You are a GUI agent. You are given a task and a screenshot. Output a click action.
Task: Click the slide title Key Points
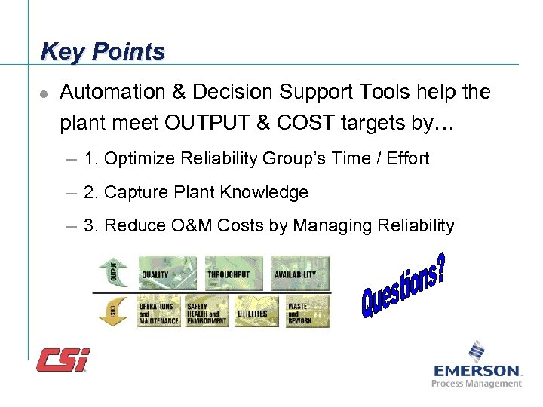[x=103, y=51]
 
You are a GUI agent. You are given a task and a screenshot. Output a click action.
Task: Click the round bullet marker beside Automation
[x=44, y=93]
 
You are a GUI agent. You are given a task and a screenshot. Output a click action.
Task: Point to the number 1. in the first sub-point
[x=92, y=158]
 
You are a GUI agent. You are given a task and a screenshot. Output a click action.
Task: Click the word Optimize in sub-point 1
[x=135, y=158]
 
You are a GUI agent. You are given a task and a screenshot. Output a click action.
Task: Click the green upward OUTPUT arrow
[x=111, y=272]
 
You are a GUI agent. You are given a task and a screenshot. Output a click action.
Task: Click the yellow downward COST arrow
[x=111, y=311]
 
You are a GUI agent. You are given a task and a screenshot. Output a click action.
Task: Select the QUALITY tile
[x=167, y=272]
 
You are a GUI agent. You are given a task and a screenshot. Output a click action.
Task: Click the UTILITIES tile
[x=254, y=311]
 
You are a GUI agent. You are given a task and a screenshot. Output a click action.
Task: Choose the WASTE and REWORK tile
[x=305, y=311]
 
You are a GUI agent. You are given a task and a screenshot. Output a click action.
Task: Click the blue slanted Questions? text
[x=402, y=285]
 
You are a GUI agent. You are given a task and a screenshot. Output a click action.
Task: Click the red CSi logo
[x=63, y=360]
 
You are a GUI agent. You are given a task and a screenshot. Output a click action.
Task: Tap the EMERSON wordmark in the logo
[x=477, y=371]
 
